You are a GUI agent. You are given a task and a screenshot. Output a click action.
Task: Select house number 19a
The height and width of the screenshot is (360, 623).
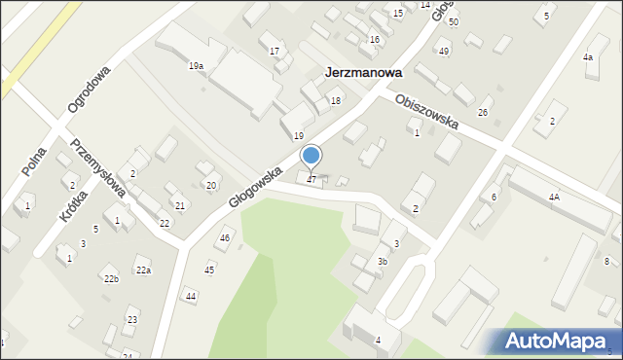pos(196,65)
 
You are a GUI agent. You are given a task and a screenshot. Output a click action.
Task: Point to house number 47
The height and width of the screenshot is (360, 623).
pos(311,179)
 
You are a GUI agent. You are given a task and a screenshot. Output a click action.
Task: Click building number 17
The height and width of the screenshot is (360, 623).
pos(275,51)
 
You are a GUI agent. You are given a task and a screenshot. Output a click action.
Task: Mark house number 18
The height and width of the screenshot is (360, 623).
pos(336,101)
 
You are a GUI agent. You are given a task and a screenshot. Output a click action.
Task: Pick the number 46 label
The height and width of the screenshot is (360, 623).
pos(225,238)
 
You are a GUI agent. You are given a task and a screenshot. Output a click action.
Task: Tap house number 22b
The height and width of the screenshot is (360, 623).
pos(111,279)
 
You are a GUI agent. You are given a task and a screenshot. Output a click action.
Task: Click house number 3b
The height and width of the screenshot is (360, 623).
pos(383,261)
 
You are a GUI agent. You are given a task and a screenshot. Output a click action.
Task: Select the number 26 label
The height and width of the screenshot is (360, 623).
pos(482,113)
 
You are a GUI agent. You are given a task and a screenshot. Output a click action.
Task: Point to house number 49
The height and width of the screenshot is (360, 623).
pos(444,52)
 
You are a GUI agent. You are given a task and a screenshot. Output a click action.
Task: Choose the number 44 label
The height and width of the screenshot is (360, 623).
pos(191,296)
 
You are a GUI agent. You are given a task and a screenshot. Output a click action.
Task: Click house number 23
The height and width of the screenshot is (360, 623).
pos(132,320)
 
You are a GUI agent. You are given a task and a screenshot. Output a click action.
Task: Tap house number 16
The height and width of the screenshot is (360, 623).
pos(375,39)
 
